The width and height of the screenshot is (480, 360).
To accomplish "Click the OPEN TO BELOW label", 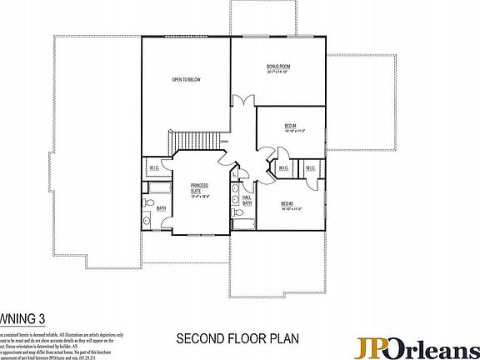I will tap(187, 79).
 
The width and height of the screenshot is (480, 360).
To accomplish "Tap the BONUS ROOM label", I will tap(277, 65).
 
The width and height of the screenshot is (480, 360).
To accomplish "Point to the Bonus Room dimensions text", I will tap(277, 72).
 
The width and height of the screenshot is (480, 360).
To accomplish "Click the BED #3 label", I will tap(287, 203).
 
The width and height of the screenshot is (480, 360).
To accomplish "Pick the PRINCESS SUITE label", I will tap(198, 188).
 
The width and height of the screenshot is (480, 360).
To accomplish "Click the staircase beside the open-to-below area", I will tap(182, 142).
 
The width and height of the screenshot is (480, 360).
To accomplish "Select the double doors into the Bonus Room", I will tap(239, 103).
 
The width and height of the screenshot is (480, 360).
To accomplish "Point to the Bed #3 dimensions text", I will tap(287, 209).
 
